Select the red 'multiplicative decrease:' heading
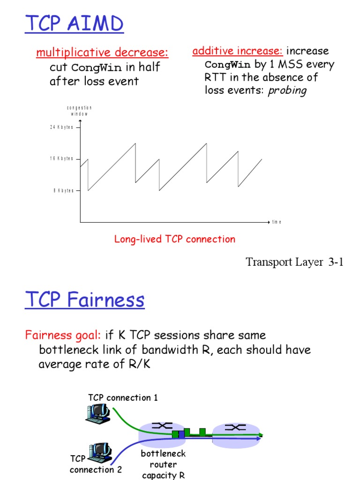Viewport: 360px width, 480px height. tap(102, 52)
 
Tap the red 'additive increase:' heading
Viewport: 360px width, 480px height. tap(238, 51)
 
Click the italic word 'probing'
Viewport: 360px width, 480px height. tap(287, 90)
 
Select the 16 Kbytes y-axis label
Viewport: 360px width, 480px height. tap(62, 159)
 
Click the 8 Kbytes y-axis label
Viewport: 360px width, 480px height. tap(63, 191)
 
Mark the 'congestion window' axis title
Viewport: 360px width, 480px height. tap(79, 111)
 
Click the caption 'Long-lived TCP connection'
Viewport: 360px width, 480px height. tap(175, 240)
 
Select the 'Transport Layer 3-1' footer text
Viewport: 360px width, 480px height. tap(295, 262)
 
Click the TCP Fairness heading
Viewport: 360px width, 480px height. tap(85, 300)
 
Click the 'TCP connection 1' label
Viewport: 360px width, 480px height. tap(123, 398)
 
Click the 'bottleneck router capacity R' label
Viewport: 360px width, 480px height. tap(163, 465)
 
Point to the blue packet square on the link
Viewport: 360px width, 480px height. tap(181, 435)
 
